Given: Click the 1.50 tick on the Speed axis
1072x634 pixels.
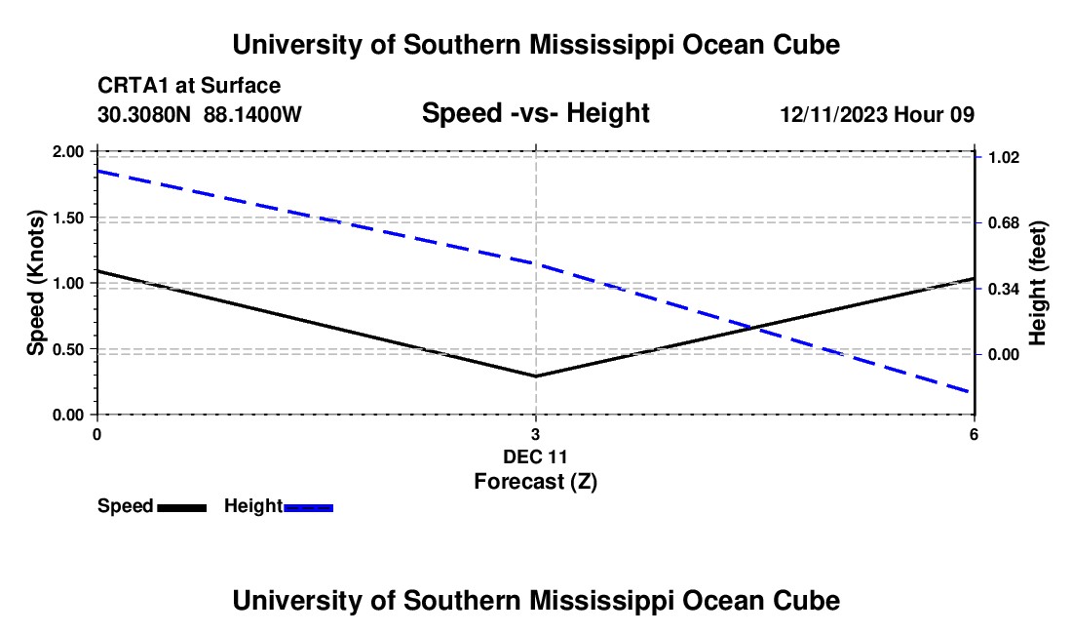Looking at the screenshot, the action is pyautogui.click(x=67, y=218).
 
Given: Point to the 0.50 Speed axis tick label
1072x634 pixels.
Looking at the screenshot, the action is pyautogui.click(x=67, y=349).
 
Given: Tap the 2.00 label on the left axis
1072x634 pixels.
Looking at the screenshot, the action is pyautogui.click(x=67, y=151).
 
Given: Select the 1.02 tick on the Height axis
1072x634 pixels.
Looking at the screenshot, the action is pyautogui.click(x=1004, y=157).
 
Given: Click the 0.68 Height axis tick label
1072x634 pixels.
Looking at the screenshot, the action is pyautogui.click(x=1004, y=223).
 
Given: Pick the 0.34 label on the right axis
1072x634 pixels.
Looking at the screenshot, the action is pyautogui.click(x=1004, y=290).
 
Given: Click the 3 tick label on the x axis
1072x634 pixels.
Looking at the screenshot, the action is pyautogui.click(x=535, y=434).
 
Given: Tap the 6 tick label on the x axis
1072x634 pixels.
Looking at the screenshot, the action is pyautogui.click(x=974, y=434).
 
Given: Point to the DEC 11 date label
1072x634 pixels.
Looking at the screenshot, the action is pyautogui.click(x=535, y=456).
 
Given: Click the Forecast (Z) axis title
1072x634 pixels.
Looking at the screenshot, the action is pyautogui.click(x=535, y=482).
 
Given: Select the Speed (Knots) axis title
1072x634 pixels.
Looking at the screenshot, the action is pyautogui.click(x=35, y=283).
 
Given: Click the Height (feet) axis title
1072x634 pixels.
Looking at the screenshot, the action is pyautogui.click(x=1037, y=283).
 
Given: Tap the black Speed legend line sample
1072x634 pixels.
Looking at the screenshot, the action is pyautogui.click(x=182, y=507).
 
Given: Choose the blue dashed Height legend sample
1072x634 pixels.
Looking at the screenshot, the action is pyautogui.click(x=308, y=507).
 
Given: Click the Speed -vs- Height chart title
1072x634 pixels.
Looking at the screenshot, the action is pyautogui.click(x=535, y=113).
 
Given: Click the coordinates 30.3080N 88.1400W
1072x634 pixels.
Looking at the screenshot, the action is pyautogui.click(x=199, y=114).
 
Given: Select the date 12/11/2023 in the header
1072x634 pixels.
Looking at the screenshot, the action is pyautogui.click(x=834, y=114).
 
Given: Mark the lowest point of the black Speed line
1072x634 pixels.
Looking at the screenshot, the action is pyautogui.click(x=535, y=376).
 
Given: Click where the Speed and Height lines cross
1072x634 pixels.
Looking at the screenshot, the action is pyautogui.click(x=752, y=328).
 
